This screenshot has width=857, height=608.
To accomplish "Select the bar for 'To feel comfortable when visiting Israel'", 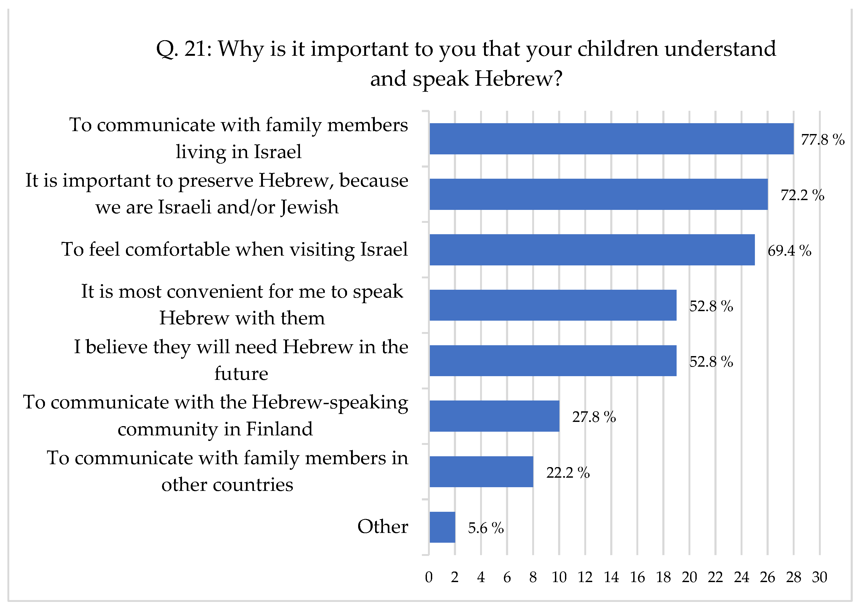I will coord(592,250).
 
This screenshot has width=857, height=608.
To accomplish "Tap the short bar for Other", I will coord(442,527).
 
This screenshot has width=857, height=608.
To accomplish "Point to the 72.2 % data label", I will coord(802,195).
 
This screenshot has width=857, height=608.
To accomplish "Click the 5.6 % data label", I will coord(485,528).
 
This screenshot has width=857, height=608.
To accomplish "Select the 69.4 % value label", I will coord(789,250).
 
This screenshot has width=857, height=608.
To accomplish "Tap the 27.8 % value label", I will coord(594,417).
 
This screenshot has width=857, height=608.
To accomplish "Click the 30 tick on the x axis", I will coord(819,577).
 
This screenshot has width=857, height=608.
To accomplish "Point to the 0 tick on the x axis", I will coord(429,577).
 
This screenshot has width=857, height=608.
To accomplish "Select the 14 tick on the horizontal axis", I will coord(611,577).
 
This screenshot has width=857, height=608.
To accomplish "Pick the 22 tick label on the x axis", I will coord(715,577).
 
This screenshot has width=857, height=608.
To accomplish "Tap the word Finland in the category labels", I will coord(279,429).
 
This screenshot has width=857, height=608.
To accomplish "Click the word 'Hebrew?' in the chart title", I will coord(518,79).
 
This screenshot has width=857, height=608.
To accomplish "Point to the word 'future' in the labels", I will coord(241,374).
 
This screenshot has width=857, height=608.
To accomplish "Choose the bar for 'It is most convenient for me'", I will coord(553,305).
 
